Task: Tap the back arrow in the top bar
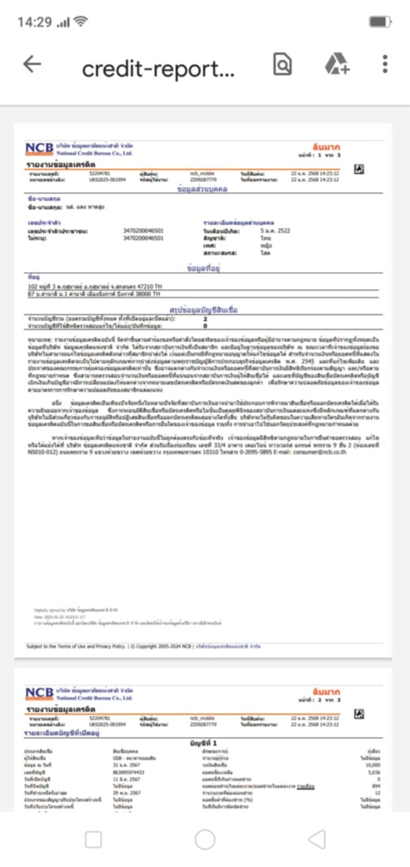tap(32, 64)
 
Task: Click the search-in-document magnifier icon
tap(282, 64)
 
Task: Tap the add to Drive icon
tap(336, 64)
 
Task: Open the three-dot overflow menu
tap(385, 64)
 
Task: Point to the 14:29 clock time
tap(34, 22)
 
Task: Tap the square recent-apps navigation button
tap(93, 839)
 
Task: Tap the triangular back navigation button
tap(316, 839)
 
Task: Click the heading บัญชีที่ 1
tap(205, 742)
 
